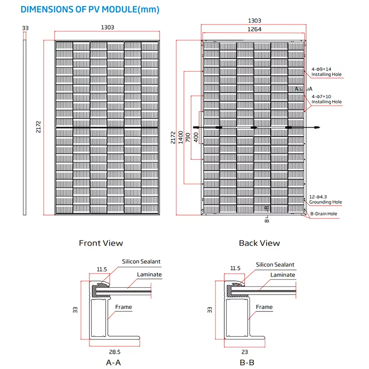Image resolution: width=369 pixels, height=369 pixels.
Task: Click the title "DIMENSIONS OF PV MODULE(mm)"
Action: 90,9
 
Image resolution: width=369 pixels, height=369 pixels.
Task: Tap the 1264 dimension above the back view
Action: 254,29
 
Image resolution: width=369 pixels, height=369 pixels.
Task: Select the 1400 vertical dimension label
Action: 180,137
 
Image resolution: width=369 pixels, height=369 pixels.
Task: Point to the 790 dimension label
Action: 188,137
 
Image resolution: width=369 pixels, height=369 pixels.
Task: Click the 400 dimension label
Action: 196,137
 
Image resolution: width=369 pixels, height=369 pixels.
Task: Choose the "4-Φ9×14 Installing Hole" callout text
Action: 327,72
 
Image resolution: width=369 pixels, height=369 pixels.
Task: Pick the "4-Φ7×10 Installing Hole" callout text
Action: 327,99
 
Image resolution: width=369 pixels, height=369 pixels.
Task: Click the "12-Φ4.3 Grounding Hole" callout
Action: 326,199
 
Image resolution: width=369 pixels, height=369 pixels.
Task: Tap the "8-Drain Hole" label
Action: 324,214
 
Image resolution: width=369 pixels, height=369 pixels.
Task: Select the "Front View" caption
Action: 101,243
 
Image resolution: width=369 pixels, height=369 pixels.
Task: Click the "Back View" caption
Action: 259,243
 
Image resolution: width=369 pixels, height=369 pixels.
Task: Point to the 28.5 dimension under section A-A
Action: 114,352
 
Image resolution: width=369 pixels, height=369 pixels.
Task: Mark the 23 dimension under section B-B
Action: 245,352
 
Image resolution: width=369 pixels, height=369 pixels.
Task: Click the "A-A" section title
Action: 113,363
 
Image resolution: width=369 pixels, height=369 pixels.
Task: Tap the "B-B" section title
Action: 247,363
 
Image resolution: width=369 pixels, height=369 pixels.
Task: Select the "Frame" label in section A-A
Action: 124,307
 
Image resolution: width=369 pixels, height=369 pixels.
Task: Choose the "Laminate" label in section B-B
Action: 283,275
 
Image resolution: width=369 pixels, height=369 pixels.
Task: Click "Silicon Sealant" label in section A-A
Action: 141,262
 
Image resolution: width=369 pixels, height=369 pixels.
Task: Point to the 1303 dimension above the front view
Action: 107,27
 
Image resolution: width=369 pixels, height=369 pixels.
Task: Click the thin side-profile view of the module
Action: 24,127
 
